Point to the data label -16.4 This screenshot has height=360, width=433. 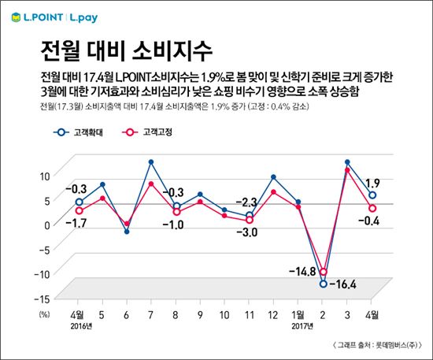tap(343, 283)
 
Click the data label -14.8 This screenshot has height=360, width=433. tap(301, 272)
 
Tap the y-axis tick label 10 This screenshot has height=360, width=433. tap(45, 176)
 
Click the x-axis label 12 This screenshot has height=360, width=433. tap(272, 313)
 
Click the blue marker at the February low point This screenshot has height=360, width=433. tap(323, 284)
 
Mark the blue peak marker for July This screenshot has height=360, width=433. tap(150, 162)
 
